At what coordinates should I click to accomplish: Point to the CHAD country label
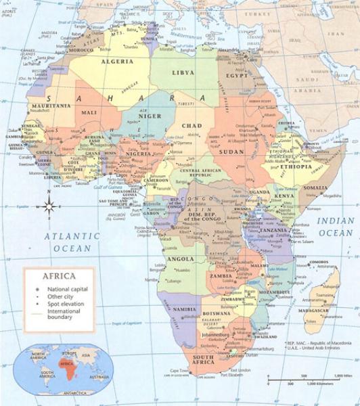[x=192, y=126]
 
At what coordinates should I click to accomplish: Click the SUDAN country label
[x=233, y=151]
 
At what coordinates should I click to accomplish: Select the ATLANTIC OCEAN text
[x=67, y=242]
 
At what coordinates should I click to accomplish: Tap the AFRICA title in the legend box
[x=58, y=276]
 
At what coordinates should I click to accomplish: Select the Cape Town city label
[x=178, y=371]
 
